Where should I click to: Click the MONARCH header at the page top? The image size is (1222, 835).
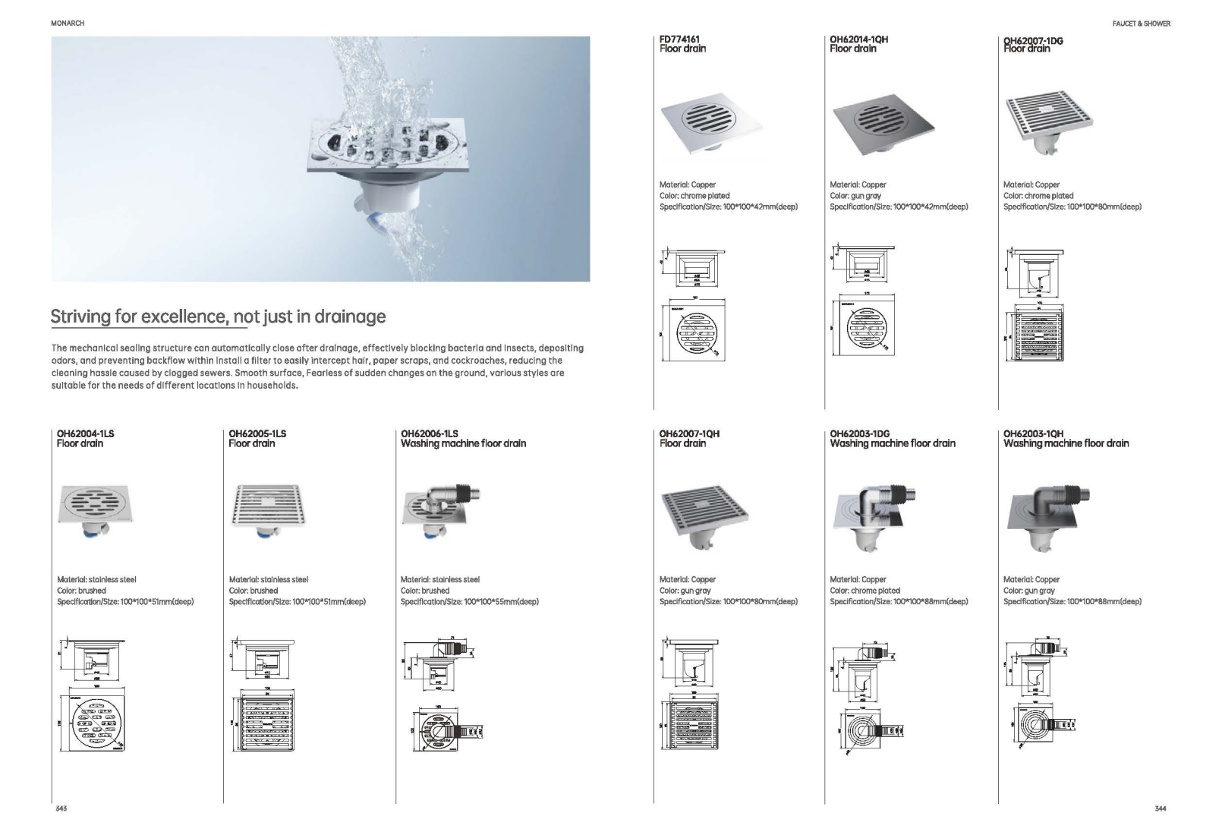[68, 24]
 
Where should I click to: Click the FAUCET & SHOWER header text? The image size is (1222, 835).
[1141, 24]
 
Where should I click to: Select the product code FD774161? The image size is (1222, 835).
[679, 39]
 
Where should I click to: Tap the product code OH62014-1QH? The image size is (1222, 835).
[858, 39]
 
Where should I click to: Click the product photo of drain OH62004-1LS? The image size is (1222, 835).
[95, 510]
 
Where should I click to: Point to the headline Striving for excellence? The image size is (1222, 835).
[218, 317]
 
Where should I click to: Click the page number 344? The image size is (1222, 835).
[1160, 808]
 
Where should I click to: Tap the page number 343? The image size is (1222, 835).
[61, 808]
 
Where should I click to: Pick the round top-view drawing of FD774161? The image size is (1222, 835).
[694, 332]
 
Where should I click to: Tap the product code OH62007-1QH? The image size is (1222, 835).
[689, 433]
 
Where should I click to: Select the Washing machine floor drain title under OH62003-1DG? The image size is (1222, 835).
[893, 443]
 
